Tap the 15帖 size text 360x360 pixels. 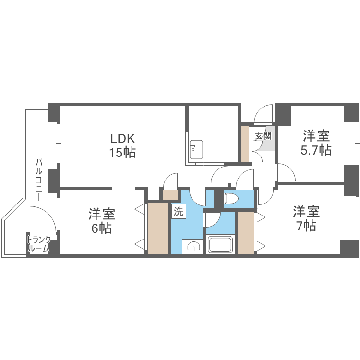tap(123, 153)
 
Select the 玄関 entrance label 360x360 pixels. tap(263, 136)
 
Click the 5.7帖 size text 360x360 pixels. tap(315, 150)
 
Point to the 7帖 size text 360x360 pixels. tap(306, 226)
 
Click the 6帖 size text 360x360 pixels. tap(101, 228)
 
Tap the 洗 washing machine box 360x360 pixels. tap(178, 212)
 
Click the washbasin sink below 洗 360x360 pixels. tap(193, 247)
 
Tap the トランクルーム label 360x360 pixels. tap(38, 244)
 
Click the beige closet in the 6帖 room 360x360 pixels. tap(157, 229)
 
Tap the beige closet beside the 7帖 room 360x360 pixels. tap(246, 232)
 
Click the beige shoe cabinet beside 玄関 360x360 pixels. tap(245, 144)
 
